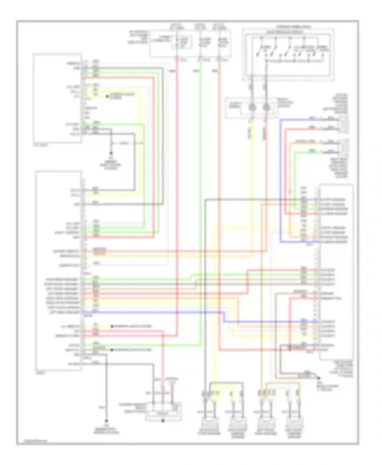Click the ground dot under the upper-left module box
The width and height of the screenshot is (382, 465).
click(x=111, y=153)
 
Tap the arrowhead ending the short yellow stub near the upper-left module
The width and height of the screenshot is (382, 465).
click(x=107, y=96)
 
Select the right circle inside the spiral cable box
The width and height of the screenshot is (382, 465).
click(x=266, y=107)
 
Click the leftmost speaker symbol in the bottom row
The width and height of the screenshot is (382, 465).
click(x=209, y=424)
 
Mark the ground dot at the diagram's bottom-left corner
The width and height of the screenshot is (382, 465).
click(x=106, y=421)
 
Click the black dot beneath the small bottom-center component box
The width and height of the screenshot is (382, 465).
click(x=163, y=421)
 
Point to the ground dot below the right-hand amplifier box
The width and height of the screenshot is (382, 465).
click(x=318, y=378)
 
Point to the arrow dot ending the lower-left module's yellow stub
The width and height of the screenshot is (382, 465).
click(x=112, y=326)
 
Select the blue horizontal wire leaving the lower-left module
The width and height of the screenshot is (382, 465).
click(x=153, y=312)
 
